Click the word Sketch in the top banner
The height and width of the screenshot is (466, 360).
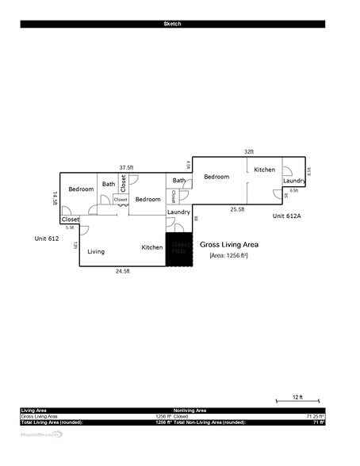(172, 24)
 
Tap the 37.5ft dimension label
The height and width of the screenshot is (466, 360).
(126, 168)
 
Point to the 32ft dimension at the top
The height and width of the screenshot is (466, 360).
(249, 151)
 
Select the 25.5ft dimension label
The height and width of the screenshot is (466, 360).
(237, 209)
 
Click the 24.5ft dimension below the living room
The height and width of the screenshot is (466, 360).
(123, 271)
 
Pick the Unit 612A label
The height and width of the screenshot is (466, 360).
(288, 216)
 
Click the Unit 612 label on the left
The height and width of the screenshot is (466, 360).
(47, 239)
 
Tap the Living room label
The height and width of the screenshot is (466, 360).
(96, 251)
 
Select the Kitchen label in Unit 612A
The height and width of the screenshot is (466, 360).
(264, 170)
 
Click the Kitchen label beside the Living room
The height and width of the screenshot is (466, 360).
(152, 247)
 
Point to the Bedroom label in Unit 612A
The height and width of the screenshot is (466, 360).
(216, 177)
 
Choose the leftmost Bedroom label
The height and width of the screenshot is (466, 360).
(81, 189)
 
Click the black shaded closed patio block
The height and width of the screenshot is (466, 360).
(178, 250)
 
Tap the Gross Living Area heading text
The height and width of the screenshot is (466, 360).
(229, 245)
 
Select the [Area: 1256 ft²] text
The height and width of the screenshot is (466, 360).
(229, 256)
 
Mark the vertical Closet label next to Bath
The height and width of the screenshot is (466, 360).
(123, 183)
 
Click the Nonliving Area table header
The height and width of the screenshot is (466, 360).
(190, 410)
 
